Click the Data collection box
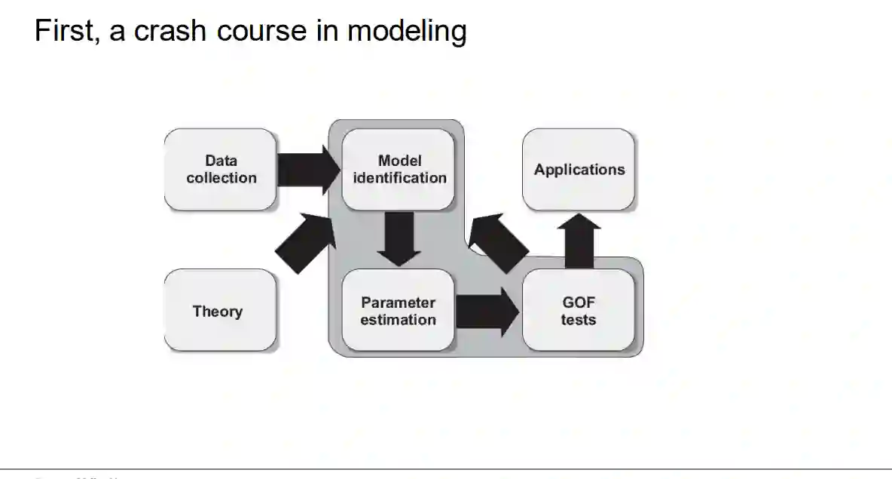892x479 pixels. [221, 170]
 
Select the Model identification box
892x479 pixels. [399, 170]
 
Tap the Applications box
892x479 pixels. [579, 170]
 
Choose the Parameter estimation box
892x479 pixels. [399, 311]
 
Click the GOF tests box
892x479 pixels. [579, 311]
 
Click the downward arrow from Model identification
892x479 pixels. [398, 238]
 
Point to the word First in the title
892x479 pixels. [63, 32]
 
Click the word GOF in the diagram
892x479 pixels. [579, 302]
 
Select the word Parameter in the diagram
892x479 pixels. [399, 302]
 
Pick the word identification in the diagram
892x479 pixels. [400, 178]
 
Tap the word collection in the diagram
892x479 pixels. [221, 178]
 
